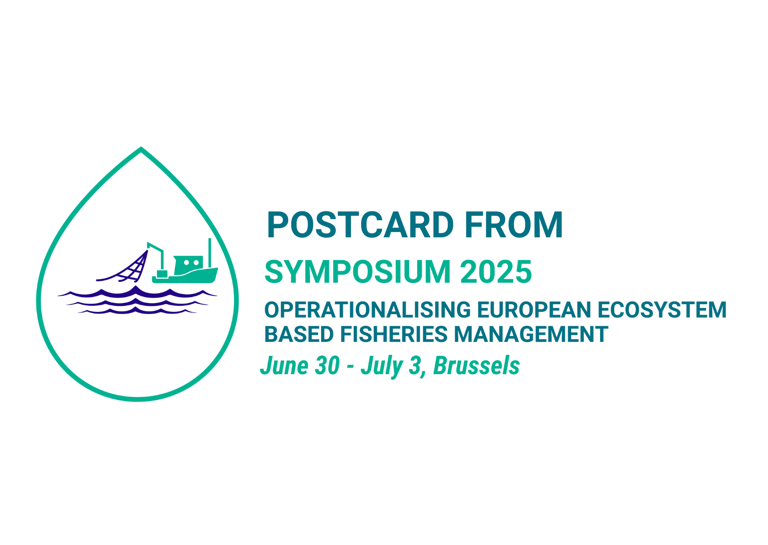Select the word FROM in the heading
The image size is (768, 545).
pos(514,225)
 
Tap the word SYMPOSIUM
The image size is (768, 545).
pos(358,272)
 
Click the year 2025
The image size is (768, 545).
pos(496,272)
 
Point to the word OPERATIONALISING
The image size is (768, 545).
pos(367,310)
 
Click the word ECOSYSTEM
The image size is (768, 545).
pos(662,310)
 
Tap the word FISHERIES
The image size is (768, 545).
pos(394,334)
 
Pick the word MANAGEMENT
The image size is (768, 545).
pos(531,334)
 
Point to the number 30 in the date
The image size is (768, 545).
pos(327,366)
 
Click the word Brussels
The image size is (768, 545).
pos(477,366)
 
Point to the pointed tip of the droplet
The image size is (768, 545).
pos(141,148)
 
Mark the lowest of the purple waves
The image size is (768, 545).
pos(137,311)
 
